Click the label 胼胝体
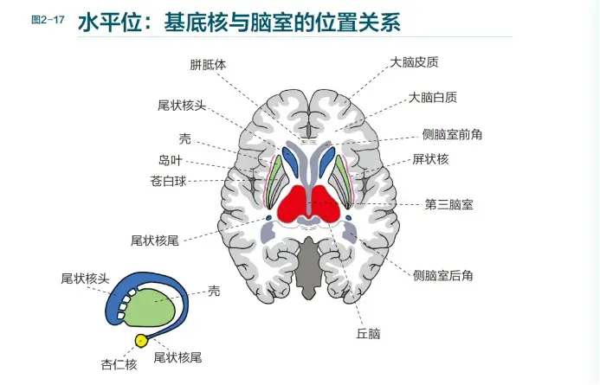point(208,65)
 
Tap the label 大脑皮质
point(414,62)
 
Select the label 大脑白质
point(433,99)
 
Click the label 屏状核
point(430,159)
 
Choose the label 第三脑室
point(448,204)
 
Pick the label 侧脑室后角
point(443,275)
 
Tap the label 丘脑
point(368,333)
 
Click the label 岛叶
point(171,160)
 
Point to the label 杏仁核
point(119,364)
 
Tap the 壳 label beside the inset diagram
point(215,292)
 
